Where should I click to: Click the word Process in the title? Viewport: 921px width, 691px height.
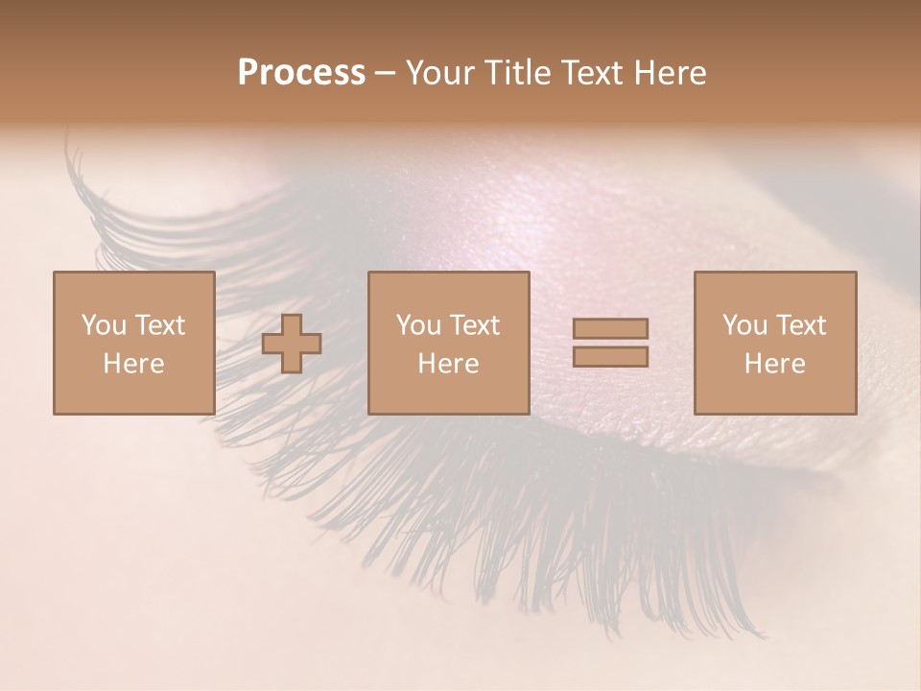coord(301,73)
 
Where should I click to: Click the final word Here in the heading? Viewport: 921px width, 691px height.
coord(670,73)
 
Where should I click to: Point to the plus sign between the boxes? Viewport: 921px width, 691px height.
coord(292,344)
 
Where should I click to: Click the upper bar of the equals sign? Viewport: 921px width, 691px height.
coord(610,329)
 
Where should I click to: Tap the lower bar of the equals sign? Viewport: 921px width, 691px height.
coord(610,356)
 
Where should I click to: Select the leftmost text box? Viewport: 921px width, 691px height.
coord(133,343)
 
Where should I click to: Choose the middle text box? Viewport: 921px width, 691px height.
coord(448,343)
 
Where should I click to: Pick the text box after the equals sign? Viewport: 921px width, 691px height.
coord(774,343)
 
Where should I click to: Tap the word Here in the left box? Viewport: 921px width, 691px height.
coord(133,364)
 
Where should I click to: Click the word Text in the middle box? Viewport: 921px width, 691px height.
coord(475,325)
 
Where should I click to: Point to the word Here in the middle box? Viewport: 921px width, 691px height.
coord(448,364)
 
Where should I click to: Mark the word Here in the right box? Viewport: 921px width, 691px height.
coord(774,364)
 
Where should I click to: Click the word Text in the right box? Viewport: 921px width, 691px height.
coord(801,325)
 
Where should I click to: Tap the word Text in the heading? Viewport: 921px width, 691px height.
coord(589,73)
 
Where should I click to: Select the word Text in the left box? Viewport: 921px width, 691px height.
coord(160,325)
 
